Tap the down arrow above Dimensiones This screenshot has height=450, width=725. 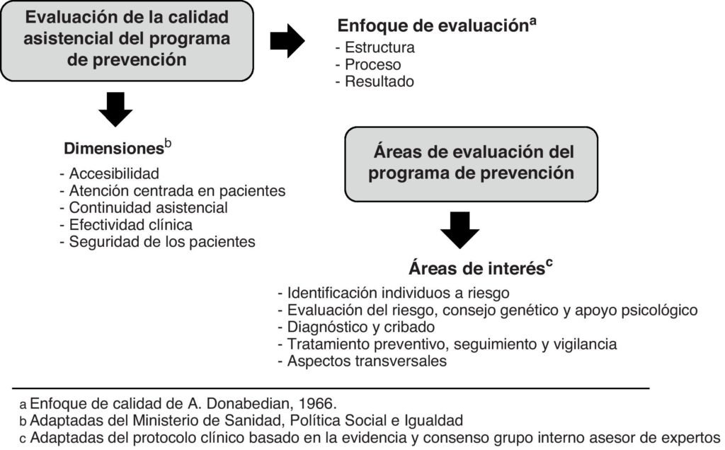click(x=116, y=109)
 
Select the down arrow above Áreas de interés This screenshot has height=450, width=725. click(x=459, y=231)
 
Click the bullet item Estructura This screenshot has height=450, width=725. click(x=375, y=48)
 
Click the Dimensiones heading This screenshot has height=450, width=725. click(x=114, y=149)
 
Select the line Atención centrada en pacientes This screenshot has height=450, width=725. click(x=173, y=190)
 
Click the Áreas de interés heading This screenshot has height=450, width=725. click(x=476, y=269)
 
